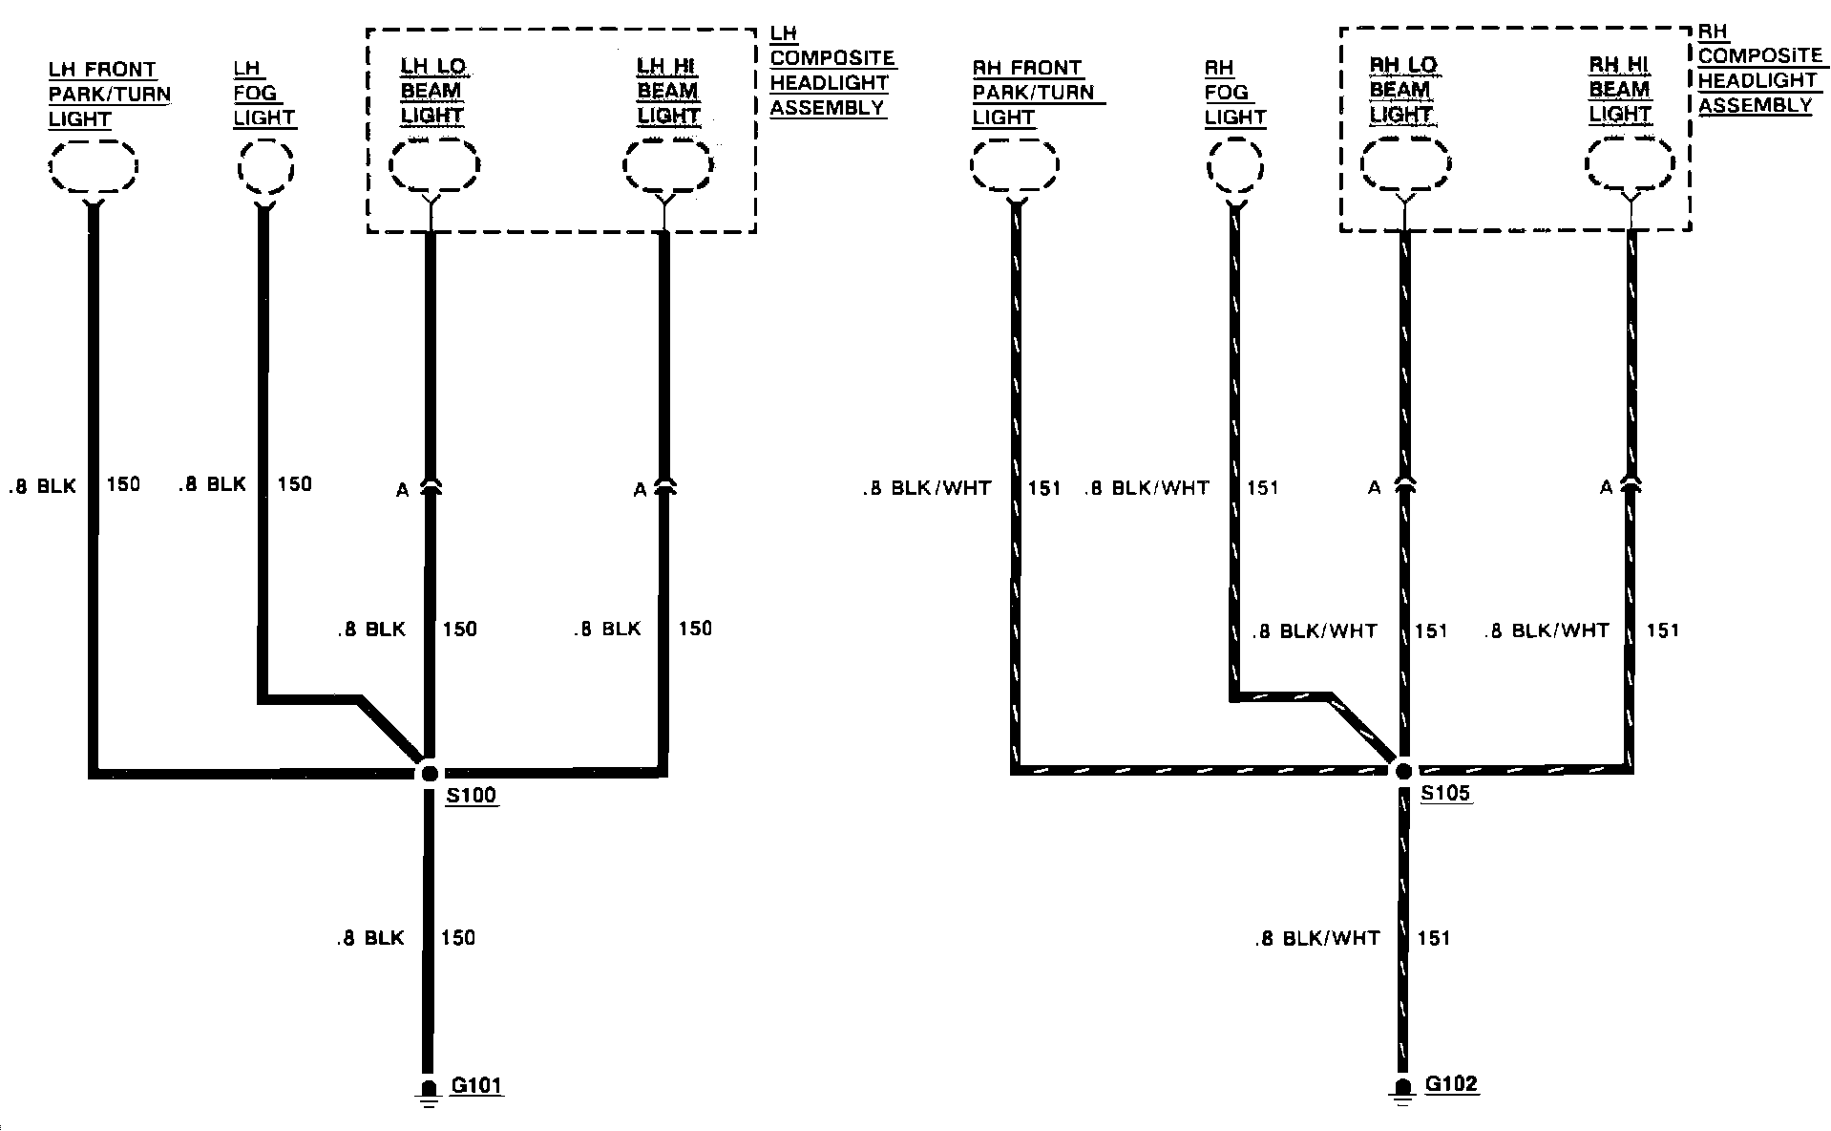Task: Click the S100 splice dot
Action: (429, 773)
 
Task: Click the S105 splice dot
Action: (1403, 770)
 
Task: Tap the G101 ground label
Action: (476, 1085)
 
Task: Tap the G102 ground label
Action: (1451, 1083)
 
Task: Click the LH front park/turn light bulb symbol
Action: (93, 169)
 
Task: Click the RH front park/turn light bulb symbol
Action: (1015, 167)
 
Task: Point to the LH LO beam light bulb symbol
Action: (434, 166)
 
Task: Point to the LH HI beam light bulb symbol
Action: (667, 167)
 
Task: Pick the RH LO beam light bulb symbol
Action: (1404, 164)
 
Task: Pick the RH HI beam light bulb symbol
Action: (1630, 165)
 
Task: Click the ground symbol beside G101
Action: (429, 1092)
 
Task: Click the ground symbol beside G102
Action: (1402, 1090)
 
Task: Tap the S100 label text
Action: (472, 796)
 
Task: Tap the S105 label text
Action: (1445, 793)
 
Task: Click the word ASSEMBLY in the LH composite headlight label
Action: (828, 108)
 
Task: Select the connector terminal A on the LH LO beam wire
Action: (430, 487)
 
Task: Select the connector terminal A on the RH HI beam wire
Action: (1631, 486)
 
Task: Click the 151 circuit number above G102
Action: (1434, 938)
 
